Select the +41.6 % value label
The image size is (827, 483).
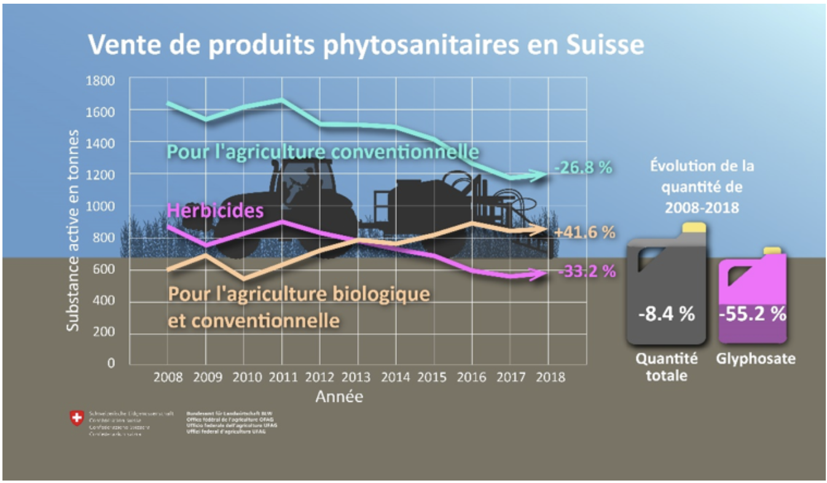(584, 232)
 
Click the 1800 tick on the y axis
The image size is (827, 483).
(101, 80)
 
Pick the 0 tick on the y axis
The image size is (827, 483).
(111, 363)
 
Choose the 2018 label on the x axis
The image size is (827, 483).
(550, 377)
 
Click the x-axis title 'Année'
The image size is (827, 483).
(339, 397)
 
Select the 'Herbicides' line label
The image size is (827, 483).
(216, 211)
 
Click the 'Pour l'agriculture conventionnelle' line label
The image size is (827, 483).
(323, 151)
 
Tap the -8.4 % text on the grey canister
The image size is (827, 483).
(666, 314)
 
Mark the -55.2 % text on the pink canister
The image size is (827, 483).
(753, 314)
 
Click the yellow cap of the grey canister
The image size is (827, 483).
(694, 227)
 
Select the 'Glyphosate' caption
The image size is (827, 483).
(755, 359)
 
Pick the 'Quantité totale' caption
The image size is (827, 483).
(667, 366)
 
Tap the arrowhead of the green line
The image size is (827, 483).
(541, 176)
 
